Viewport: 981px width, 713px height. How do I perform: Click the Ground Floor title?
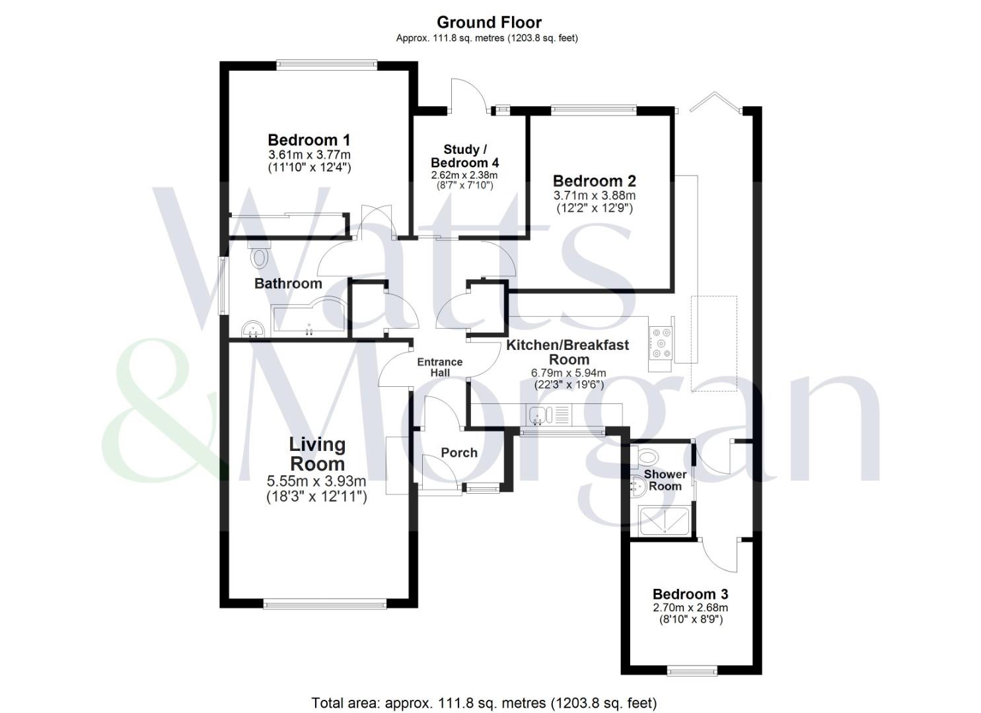coord(489,22)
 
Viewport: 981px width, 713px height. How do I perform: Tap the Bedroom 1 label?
coord(309,140)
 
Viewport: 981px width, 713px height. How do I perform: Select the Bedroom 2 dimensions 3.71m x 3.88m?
coord(594,195)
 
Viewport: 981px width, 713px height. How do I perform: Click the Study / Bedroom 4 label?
coord(464,156)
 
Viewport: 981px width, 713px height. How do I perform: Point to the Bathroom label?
coord(288,284)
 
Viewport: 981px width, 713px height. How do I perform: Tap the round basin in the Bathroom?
coord(252,328)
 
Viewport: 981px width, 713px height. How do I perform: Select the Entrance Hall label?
coord(440,367)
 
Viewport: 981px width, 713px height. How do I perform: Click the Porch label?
coord(458,453)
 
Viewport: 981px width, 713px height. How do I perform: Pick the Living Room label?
coord(317,454)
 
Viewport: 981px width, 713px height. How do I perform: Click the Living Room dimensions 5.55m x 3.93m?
coord(316,481)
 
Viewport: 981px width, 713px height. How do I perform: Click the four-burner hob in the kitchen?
coord(661,343)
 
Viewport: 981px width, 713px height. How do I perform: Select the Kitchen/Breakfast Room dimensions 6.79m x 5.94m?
coord(569,373)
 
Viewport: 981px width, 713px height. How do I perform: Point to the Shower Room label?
coord(665,480)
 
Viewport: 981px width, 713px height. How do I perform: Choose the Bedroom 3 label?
coord(690,594)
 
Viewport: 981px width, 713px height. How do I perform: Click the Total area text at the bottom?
coord(484,703)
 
